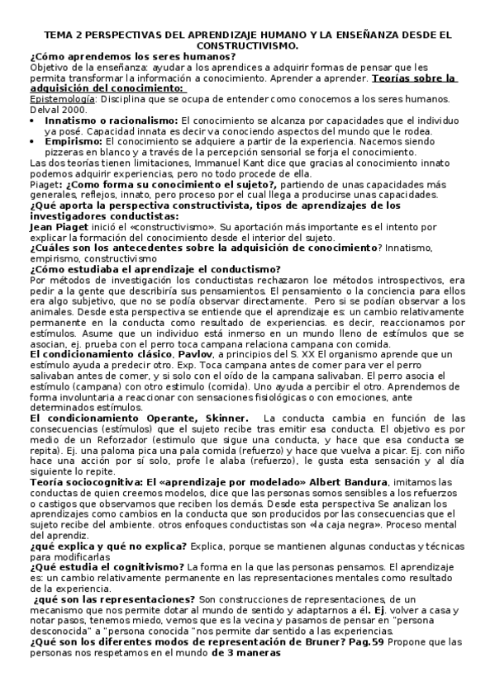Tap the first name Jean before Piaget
(x=41, y=225)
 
